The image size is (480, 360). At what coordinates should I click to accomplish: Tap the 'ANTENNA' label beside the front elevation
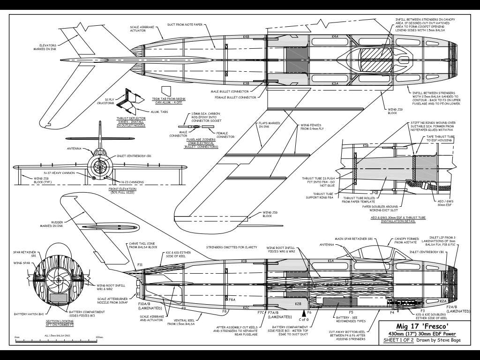pos(74,149)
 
